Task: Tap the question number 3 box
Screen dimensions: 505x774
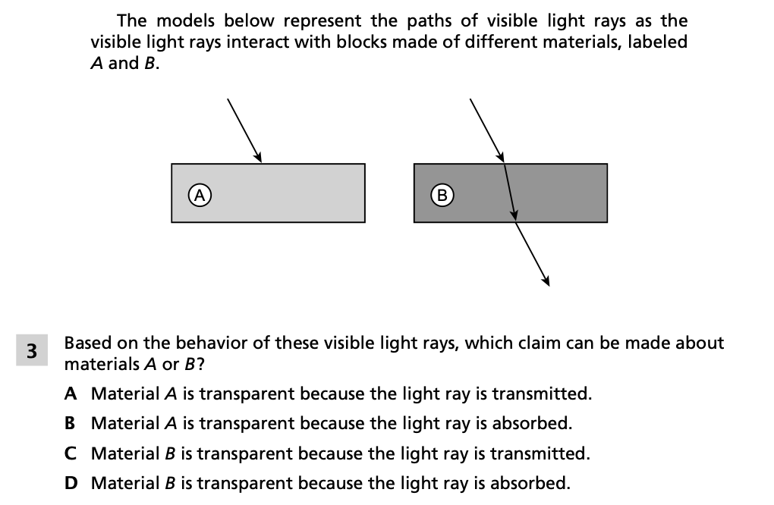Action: point(31,351)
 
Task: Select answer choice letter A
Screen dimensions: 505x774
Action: point(70,394)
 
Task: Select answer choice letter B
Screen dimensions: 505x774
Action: point(70,423)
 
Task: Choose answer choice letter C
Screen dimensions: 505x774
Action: point(70,453)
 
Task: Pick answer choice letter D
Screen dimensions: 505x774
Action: point(70,483)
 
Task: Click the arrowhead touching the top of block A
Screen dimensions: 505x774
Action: point(258,158)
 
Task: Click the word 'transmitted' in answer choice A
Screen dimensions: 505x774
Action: point(542,394)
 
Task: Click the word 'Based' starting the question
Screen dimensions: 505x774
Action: point(88,343)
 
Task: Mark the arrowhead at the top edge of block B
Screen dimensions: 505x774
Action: point(501,157)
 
